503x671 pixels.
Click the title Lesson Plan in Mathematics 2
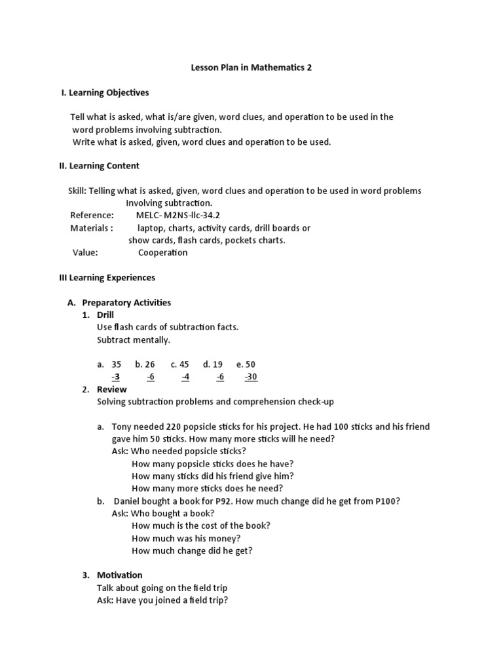click(x=251, y=67)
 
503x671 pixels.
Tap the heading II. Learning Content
click(x=99, y=166)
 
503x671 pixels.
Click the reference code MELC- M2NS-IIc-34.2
click(x=174, y=216)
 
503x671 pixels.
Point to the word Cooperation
click(x=162, y=253)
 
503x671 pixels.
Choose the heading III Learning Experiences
click(x=107, y=278)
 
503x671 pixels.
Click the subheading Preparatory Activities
click(x=126, y=303)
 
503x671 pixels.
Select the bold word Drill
click(x=105, y=315)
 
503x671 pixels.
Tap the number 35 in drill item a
click(x=117, y=364)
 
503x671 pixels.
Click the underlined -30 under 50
click(x=251, y=377)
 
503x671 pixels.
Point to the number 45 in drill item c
click(x=184, y=364)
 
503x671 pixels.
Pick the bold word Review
click(x=112, y=389)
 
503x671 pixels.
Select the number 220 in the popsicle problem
click(x=174, y=427)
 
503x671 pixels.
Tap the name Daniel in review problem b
click(x=130, y=501)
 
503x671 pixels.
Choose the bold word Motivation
click(x=120, y=575)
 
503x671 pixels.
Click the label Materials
click(x=92, y=228)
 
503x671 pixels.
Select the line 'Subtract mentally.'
click(x=134, y=340)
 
